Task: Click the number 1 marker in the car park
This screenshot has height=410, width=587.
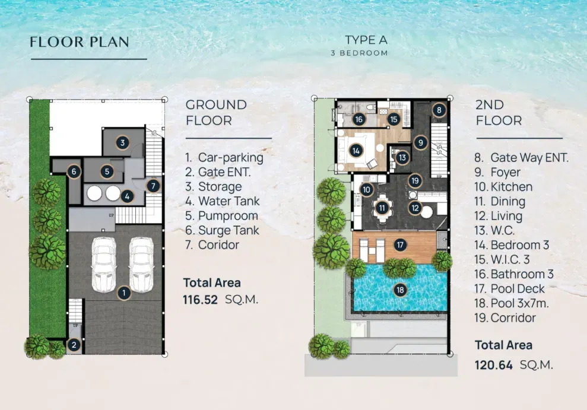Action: (x=123, y=292)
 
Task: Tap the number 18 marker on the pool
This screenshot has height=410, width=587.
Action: (x=400, y=290)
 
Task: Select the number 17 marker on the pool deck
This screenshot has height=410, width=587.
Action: (x=400, y=244)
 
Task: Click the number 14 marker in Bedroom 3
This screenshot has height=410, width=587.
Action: (x=356, y=151)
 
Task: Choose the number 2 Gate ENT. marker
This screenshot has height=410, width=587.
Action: (x=74, y=344)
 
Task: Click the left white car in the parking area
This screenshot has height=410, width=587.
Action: (x=104, y=264)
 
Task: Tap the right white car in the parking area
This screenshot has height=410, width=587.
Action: (x=141, y=264)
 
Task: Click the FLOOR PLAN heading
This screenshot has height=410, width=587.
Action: (x=79, y=42)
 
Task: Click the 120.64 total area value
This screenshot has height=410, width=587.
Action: (x=493, y=364)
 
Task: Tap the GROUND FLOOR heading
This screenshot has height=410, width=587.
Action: (x=216, y=112)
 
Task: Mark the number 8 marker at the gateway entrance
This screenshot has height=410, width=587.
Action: (x=439, y=110)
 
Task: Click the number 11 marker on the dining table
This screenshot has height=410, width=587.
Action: (x=382, y=208)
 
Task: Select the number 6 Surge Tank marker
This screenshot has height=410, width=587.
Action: (x=74, y=172)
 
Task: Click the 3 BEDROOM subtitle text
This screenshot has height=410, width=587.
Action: (x=359, y=53)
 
